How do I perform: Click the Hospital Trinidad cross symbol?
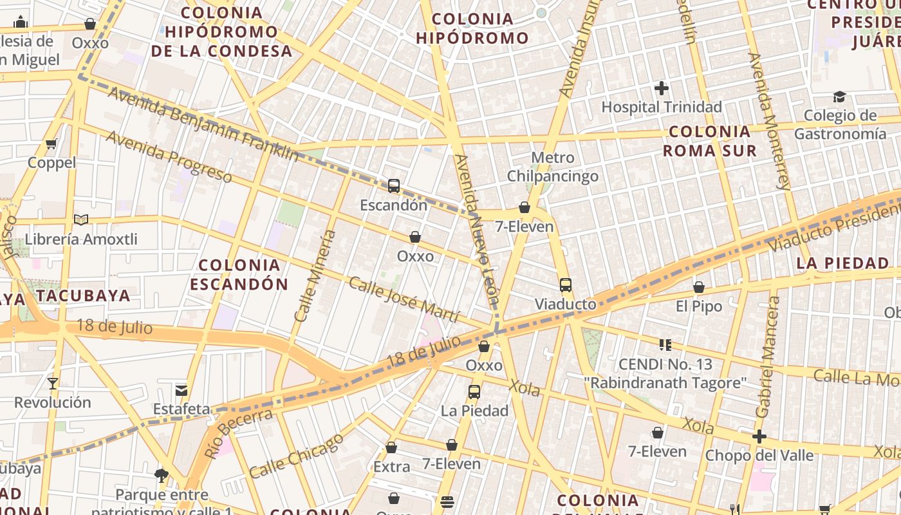pyautogui.click(x=662, y=88)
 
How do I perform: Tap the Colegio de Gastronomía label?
pyautogui.click(x=840, y=125)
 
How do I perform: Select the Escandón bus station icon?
pyautogui.click(x=394, y=187)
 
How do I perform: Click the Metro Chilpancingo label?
pyautogui.click(x=553, y=167)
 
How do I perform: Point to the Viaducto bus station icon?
pyautogui.click(x=566, y=285)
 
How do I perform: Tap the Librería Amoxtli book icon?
pyautogui.click(x=81, y=220)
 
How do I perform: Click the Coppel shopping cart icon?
pyautogui.click(x=51, y=144)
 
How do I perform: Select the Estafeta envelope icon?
pyautogui.click(x=181, y=390)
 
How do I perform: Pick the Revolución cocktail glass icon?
pyautogui.click(x=53, y=384)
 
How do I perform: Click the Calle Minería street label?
pyautogui.click(x=315, y=276)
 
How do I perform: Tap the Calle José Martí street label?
pyautogui.click(x=404, y=299)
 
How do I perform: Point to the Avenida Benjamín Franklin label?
pyautogui.click(x=203, y=124)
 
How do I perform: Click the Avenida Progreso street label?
pyautogui.click(x=169, y=156)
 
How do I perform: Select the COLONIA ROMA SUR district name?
pyautogui.click(x=709, y=141)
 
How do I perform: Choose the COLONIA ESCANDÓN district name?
pyautogui.click(x=239, y=274)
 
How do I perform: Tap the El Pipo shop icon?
pyautogui.click(x=699, y=287)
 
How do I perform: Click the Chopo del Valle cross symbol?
pyautogui.click(x=759, y=437)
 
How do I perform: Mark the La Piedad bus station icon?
pyautogui.click(x=474, y=391)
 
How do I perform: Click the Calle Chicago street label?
pyautogui.click(x=297, y=456)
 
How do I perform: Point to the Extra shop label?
pyautogui.click(x=391, y=467)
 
